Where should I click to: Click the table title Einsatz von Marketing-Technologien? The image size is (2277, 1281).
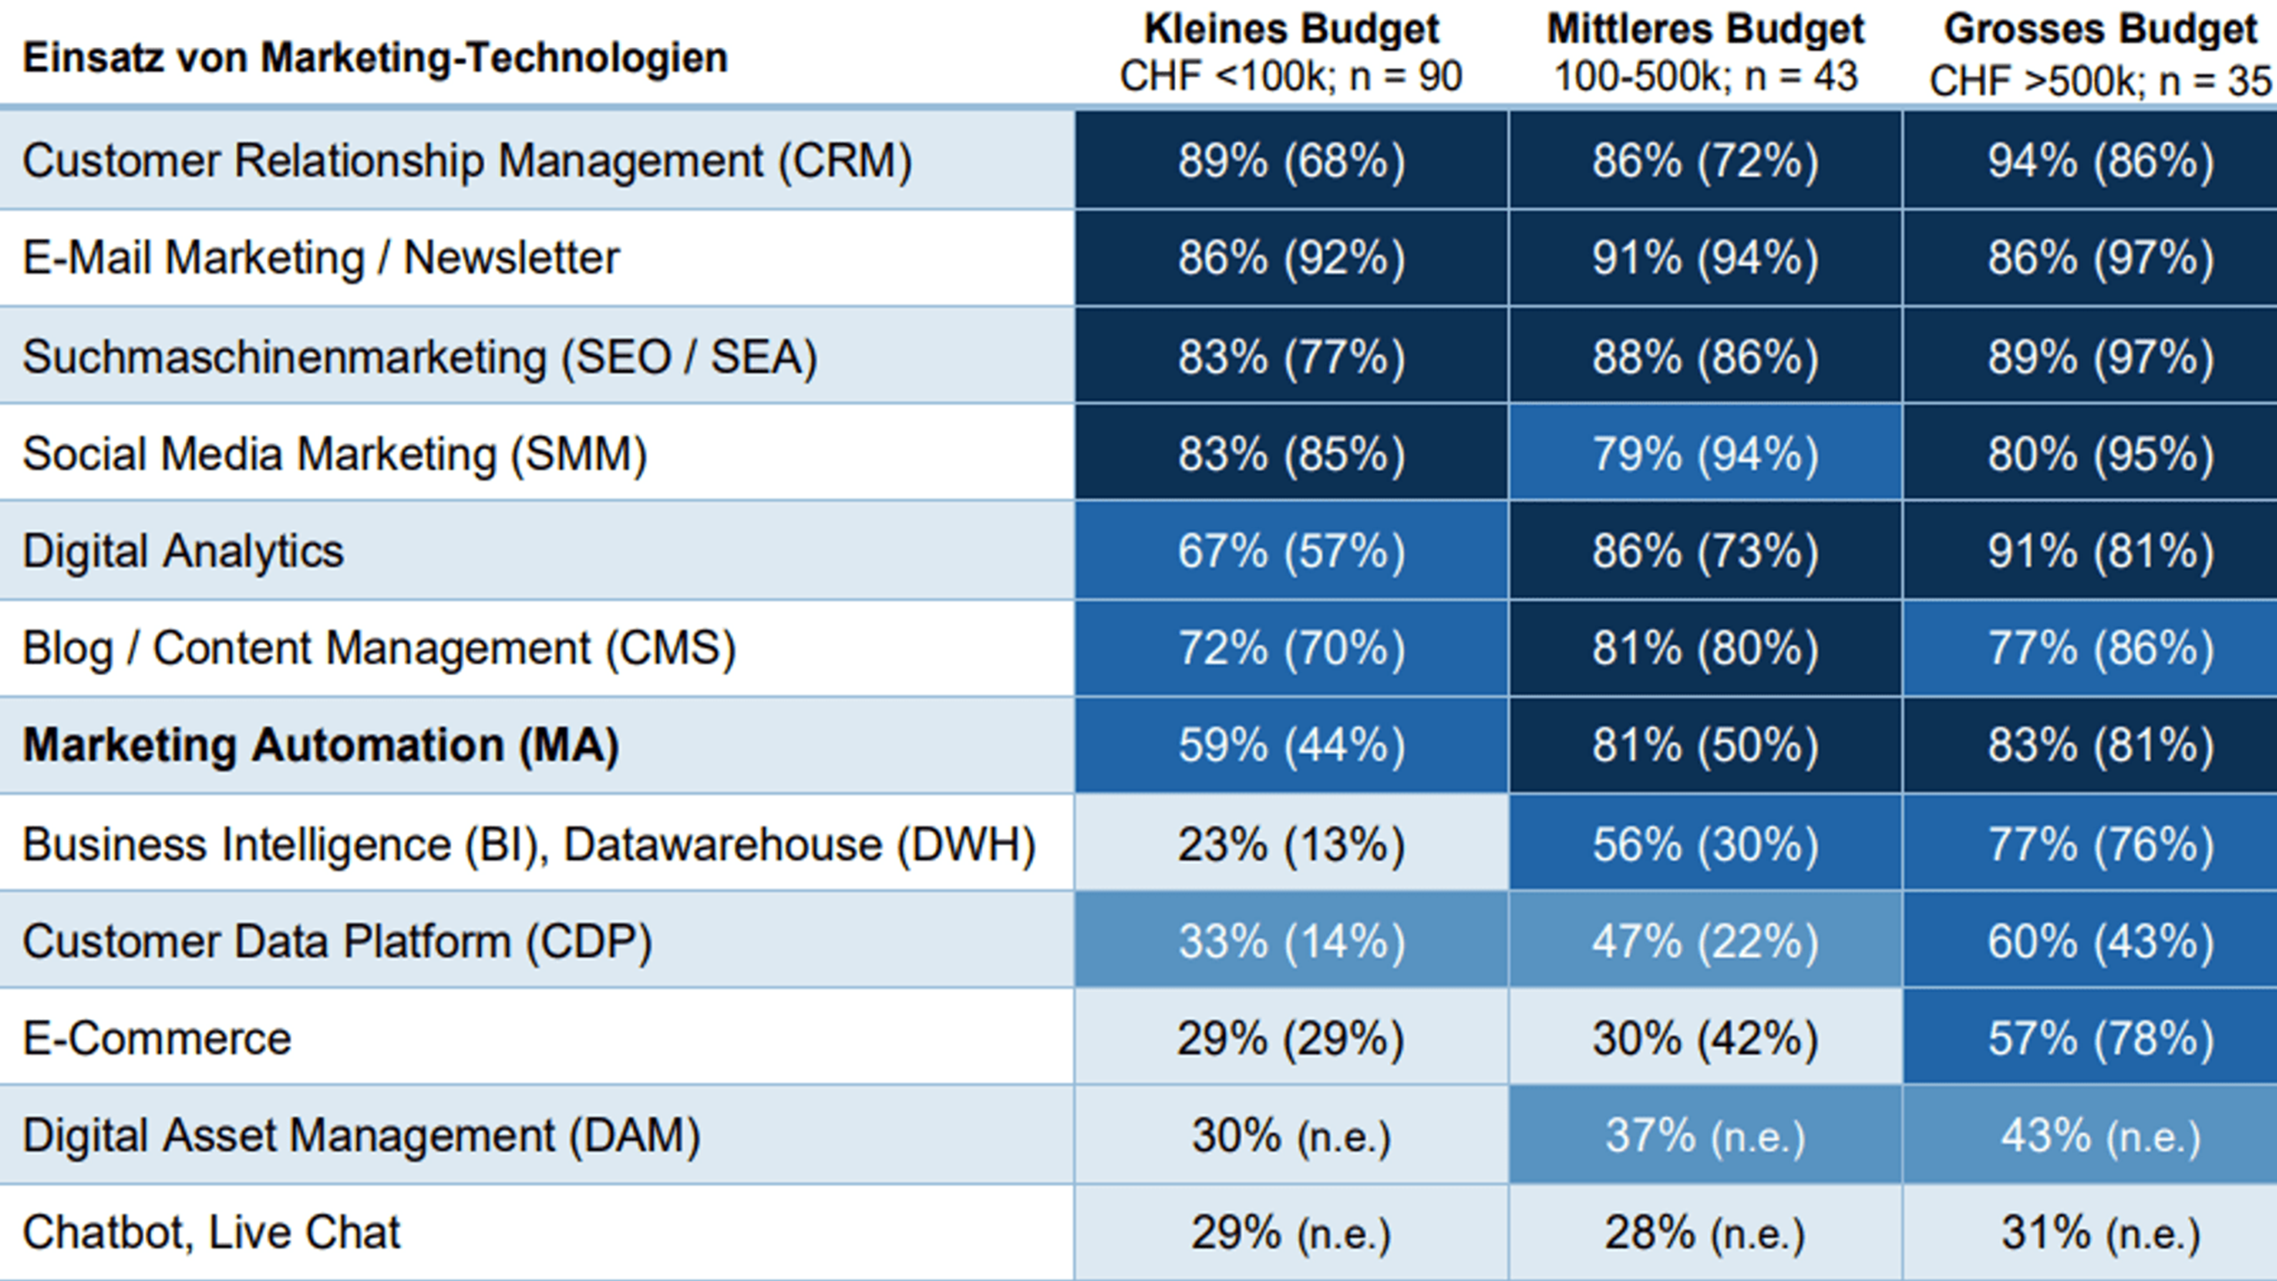point(374,59)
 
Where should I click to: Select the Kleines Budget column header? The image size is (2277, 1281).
point(1291,30)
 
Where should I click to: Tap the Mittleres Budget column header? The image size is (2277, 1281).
point(1705,30)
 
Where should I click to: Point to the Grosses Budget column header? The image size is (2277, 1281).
point(2100,30)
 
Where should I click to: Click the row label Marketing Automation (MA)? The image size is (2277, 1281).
point(320,745)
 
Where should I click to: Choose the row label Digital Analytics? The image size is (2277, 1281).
point(182,551)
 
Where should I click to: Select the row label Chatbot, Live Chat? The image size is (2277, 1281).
point(212,1233)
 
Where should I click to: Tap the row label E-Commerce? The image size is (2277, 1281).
point(157,1038)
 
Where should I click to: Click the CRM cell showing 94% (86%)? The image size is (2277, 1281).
point(2100,161)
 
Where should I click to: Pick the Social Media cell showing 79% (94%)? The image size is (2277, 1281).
point(1705,454)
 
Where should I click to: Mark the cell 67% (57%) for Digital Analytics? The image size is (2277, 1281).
point(1291,551)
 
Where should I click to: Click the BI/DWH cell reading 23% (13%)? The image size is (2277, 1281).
point(1291,843)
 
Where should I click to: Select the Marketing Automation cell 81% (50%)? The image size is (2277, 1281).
point(1705,745)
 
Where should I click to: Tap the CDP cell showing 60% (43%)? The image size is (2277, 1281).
point(2100,941)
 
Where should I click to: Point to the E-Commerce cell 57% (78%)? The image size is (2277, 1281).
point(2100,1038)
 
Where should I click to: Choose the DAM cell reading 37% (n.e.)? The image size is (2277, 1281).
point(1705,1136)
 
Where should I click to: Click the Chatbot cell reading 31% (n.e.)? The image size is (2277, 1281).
point(2100,1233)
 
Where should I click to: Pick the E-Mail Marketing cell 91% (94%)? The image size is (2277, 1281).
point(1705,258)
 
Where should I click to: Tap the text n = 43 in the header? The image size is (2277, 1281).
point(1801,77)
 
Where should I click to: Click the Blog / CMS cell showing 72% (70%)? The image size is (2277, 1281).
point(1291,649)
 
